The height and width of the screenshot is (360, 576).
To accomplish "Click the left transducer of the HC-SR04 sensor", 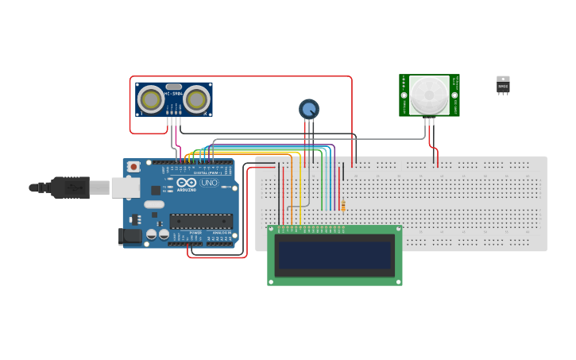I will coord(151,99).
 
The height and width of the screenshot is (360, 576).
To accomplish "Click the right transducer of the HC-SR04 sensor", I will coord(196,99).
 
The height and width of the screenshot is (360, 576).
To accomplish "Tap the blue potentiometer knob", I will coord(308,109).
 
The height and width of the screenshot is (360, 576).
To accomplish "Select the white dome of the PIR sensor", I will coord(429,95).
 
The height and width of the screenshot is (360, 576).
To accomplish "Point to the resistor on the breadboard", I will coord(343,207).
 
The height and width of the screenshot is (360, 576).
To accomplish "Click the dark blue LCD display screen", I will coord(334,255).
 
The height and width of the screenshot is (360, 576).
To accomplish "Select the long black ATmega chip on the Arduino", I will coord(201,221).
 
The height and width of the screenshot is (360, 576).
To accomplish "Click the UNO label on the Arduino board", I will coord(209,183).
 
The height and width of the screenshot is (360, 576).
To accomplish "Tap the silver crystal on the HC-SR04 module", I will coord(174,86).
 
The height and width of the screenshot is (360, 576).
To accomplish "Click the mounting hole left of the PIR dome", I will coord(404,95).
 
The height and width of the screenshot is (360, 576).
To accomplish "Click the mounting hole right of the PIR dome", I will coord(454,95).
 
